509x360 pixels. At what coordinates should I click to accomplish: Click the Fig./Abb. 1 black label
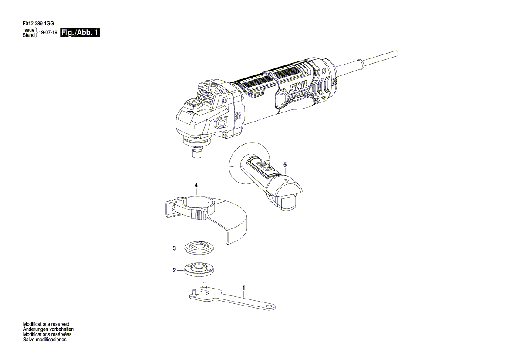[80, 33]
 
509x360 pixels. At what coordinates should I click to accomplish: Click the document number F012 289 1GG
[38, 24]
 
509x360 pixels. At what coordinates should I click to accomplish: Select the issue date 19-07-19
[48, 33]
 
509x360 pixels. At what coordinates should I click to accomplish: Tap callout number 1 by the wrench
[243, 288]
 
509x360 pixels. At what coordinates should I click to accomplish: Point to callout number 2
[174, 270]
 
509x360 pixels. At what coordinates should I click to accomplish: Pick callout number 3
[174, 248]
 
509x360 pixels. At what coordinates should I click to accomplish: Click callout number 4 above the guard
[196, 185]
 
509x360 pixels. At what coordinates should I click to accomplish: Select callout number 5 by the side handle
[285, 165]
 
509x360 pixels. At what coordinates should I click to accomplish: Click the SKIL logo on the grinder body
[296, 87]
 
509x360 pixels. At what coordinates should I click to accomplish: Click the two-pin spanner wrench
[232, 297]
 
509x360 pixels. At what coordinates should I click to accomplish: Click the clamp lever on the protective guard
[199, 214]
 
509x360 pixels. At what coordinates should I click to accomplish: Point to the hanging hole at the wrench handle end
[270, 306]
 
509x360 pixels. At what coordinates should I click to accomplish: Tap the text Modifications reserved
[46, 324]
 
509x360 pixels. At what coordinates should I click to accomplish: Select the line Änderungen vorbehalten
[46, 329]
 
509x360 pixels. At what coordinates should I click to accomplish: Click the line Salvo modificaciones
[44, 340]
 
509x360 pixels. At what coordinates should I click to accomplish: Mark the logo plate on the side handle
[262, 166]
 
